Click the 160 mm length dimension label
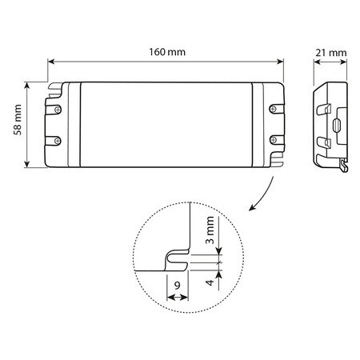167,52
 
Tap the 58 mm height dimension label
18,120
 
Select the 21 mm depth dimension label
331,53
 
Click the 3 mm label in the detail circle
210,230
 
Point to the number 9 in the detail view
178,286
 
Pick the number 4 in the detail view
210,282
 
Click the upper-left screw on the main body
58,110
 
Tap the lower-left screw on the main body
58,141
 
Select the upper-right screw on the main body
273,109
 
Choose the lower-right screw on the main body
273,140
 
